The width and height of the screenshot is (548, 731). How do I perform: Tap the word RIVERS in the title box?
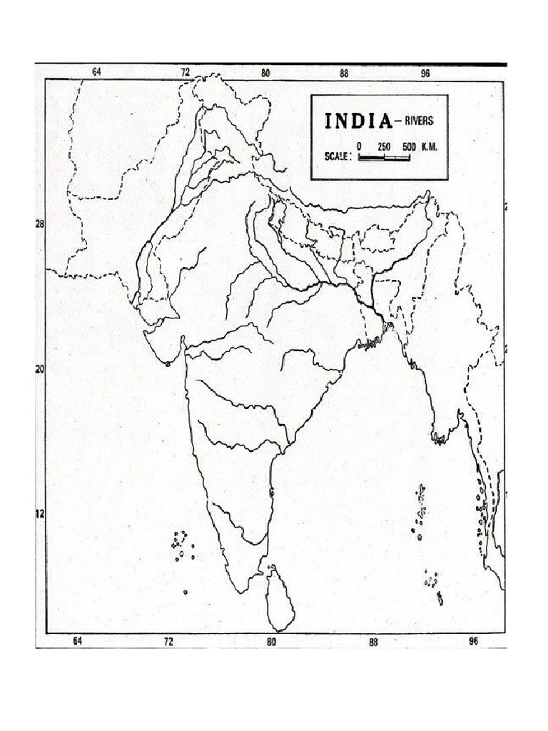417,121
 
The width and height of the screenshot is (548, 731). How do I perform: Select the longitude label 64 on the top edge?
97,72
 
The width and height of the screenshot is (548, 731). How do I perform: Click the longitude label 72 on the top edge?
186,72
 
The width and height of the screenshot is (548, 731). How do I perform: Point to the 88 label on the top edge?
344,72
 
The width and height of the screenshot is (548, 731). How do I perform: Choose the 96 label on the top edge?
425,72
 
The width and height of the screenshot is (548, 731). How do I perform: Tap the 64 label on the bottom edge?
77,641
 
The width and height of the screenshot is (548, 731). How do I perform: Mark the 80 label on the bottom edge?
271,642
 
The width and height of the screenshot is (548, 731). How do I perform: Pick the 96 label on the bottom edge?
473,641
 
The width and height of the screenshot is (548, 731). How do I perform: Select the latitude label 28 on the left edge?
39,223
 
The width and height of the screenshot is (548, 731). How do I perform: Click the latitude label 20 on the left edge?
39,369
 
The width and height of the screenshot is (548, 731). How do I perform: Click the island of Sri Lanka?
280,600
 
